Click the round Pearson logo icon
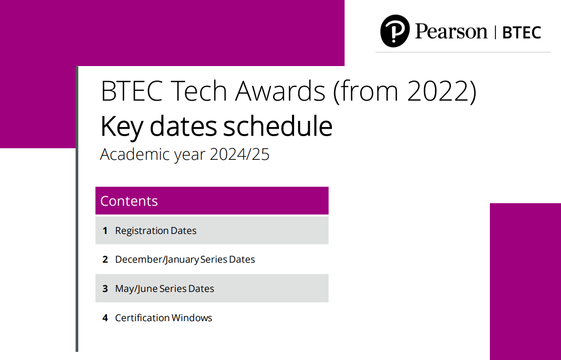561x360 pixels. (395, 31)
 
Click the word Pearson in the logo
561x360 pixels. (451, 31)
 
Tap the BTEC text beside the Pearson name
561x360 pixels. (522, 33)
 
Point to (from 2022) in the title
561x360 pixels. (405, 91)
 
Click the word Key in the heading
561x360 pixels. (122, 128)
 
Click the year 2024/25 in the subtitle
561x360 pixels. (239, 154)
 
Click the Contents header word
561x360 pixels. (129, 201)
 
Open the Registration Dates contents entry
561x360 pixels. (155, 230)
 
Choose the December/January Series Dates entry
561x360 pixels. (185, 260)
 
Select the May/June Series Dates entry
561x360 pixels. (164, 289)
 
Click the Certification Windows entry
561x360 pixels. (163, 318)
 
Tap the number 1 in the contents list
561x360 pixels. (105, 231)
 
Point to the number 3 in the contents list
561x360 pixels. (105, 289)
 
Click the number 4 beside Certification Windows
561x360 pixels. (105, 318)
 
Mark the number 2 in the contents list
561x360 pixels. (105, 260)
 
